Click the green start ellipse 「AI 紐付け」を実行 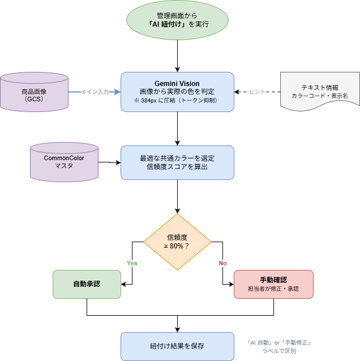[177, 20]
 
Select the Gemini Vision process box [177, 91]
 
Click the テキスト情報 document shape [320, 91]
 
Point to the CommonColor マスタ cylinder [64, 162]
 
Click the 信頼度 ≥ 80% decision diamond [177, 241]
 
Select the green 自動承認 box [87, 283]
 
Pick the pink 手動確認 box [273, 283]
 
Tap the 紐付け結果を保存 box [177, 346]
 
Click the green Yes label [132, 263]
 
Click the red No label [222, 263]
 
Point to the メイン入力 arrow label [95, 92]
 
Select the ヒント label [258, 92]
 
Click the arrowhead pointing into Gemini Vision [117, 92]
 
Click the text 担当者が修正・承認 [273, 289]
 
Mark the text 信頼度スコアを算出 [177, 167]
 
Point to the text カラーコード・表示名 [320, 96]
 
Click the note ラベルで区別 [279, 351]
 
